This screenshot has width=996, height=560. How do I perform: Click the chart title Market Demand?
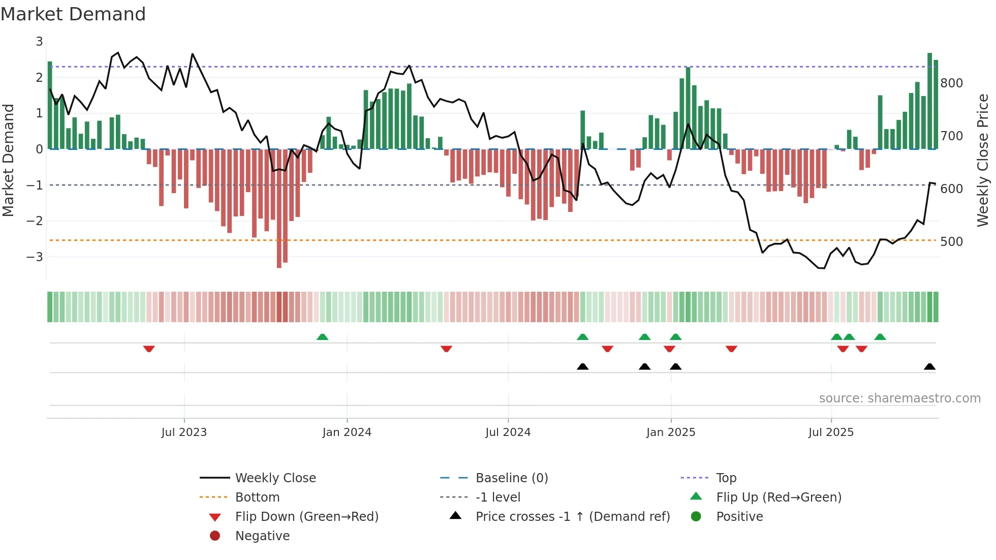tap(73, 14)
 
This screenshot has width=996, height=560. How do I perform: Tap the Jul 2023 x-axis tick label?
tap(184, 432)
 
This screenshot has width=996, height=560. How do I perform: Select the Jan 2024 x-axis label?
tap(347, 432)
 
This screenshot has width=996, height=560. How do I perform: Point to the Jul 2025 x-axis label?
tap(831, 432)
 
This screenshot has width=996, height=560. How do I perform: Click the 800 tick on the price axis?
tap(951, 83)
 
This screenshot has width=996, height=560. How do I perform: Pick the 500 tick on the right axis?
tap(951, 241)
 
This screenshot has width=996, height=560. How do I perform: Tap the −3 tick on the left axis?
tap(35, 257)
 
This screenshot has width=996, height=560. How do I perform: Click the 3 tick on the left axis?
tap(39, 42)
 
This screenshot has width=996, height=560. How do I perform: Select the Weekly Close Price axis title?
tap(983, 160)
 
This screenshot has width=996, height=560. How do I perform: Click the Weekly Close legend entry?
tap(275, 478)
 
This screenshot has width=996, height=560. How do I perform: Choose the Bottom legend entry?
tap(257, 497)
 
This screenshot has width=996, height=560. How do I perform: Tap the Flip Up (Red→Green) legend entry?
tap(779, 497)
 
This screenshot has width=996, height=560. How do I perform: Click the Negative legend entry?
tap(262, 536)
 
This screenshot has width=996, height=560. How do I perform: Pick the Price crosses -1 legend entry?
tap(572, 517)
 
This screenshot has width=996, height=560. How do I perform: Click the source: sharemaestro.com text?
tap(899, 398)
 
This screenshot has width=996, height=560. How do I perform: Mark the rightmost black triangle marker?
tap(929, 366)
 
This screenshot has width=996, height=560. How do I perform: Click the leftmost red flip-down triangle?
tap(149, 349)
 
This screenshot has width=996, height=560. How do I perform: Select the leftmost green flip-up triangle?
tap(322, 336)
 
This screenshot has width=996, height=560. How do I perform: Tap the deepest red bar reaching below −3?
tap(279, 208)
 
